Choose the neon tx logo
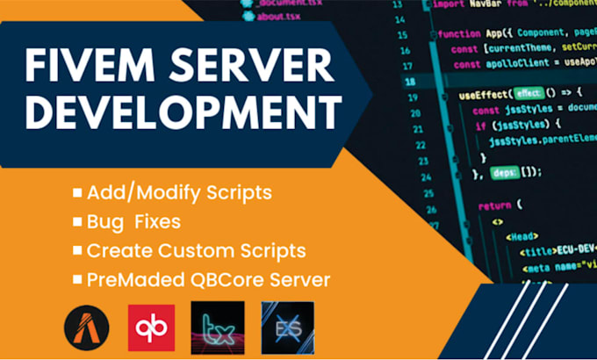pyautogui.click(x=216, y=324)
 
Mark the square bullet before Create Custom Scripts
pyautogui.click(x=77, y=250)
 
